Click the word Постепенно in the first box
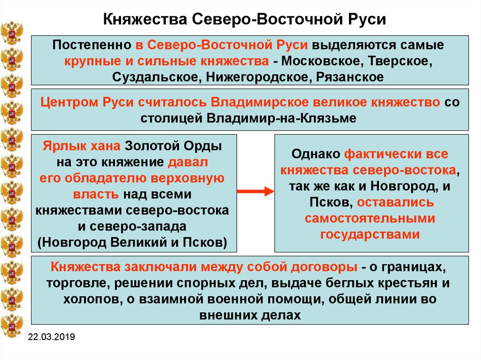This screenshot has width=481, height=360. (x=92, y=45)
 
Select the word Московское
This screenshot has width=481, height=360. (x=321, y=61)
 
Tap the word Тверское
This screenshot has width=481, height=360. (x=400, y=61)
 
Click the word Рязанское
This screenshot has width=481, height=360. (x=349, y=77)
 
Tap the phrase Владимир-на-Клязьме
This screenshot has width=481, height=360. (x=282, y=118)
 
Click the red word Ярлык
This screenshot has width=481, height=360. (x=60, y=146)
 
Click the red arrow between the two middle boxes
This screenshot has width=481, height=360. (x=256, y=191)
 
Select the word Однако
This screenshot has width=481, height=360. (x=316, y=154)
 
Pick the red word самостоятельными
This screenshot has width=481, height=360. (x=370, y=218)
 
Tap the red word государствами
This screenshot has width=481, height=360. (x=370, y=235)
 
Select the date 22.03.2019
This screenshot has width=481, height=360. (x=52, y=337)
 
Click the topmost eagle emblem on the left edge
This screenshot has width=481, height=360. (x=12, y=32)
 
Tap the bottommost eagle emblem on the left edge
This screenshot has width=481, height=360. (x=12, y=326)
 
